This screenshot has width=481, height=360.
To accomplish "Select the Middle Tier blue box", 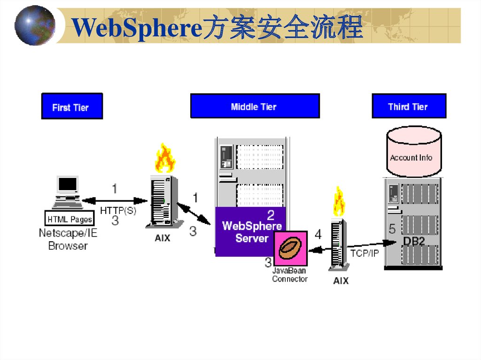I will (255, 106).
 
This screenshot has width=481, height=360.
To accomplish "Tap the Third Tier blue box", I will (409, 106).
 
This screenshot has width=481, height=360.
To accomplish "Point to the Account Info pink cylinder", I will (413, 153).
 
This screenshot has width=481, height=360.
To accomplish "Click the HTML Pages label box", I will (70, 219).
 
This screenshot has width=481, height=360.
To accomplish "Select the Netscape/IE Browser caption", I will (69, 239).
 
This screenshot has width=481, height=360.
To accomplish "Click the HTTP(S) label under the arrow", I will (118, 211).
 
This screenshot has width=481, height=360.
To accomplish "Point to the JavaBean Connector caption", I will (290, 275).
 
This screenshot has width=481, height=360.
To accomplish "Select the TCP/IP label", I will (365, 253).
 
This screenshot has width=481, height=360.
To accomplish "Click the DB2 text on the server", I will (413, 240).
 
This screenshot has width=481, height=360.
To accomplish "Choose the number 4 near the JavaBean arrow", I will (318, 234).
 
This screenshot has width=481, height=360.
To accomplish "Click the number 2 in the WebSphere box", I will (271, 215).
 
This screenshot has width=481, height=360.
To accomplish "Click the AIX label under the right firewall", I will (341, 281).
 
